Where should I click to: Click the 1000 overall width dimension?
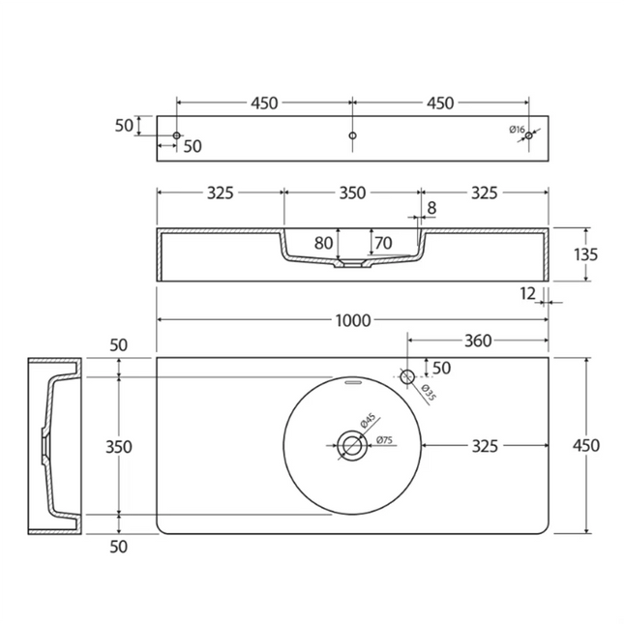pyautogui.click(x=353, y=320)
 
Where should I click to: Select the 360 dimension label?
pyautogui.click(x=478, y=341)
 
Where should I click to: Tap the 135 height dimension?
pyautogui.click(x=586, y=254)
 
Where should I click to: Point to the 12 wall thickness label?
pyautogui.click(x=527, y=294)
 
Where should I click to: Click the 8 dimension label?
pyautogui.click(x=431, y=208)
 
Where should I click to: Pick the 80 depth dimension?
pyautogui.click(x=323, y=243)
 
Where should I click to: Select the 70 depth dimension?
pyautogui.click(x=383, y=243)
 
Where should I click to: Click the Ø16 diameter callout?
pyautogui.click(x=517, y=130)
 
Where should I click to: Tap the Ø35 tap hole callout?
pyautogui.click(x=429, y=392)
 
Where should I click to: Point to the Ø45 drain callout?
pyautogui.click(x=368, y=421)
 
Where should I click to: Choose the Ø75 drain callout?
pyautogui.click(x=384, y=440)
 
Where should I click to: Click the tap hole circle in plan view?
pyautogui.click(x=407, y=376)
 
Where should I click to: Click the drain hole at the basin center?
pyautogui.click(x=352, y=445)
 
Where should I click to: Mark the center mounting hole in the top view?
pyautogui.click(x=352, y=135)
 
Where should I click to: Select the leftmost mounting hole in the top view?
pyautogui.click(x=177, y=135)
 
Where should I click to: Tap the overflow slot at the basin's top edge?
pyautogui.click(x=352, y=382)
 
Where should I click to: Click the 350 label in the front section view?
pyautogui.click(x=352, y=193)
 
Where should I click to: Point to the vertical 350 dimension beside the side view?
pyautogui.click(x=119, y=447)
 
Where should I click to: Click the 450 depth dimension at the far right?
pyautogui.click(x=586, y=445)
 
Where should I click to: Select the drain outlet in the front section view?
pyautogui.click(x=352, y=263)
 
